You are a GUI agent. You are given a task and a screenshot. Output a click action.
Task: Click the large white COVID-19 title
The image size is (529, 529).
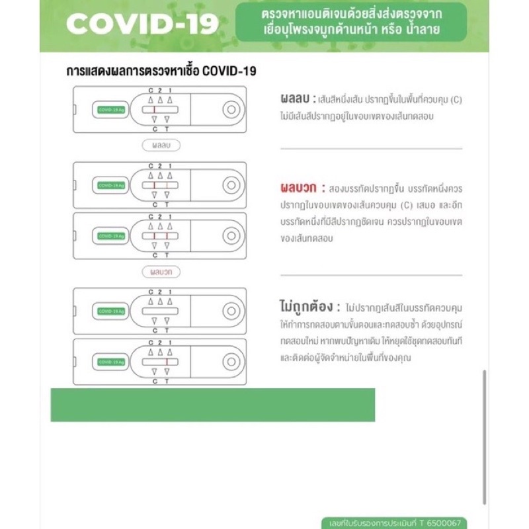click(x=142, y=25)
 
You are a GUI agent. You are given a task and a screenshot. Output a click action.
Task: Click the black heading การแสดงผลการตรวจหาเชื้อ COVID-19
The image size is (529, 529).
click(x=161, y=71)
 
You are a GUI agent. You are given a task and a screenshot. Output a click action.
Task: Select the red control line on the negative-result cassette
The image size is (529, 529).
click(x=154, y=110)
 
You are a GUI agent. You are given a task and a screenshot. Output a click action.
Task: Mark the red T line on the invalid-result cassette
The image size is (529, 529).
click(x=167, y=362)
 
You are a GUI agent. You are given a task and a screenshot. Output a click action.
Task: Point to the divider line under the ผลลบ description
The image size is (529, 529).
click(x=371, y=149)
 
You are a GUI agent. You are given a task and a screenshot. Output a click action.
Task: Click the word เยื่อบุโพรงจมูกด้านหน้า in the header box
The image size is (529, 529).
click(x=311, y=30)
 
